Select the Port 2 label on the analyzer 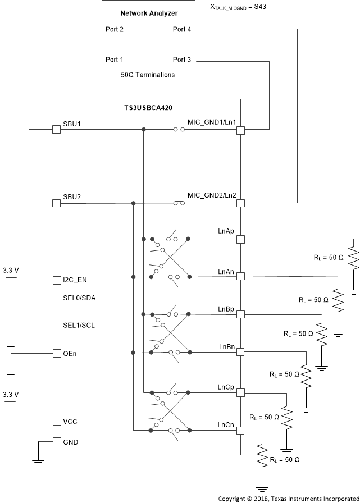[115, 29]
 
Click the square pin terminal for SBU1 [56, 130]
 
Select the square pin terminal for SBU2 [56, 203]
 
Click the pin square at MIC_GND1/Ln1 [240, 130]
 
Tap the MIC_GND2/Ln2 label [212, 195]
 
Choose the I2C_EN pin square [56, 280]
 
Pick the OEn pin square [56, 353]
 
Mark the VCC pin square [56, 421]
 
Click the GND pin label [71, 442]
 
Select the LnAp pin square [240, 239]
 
